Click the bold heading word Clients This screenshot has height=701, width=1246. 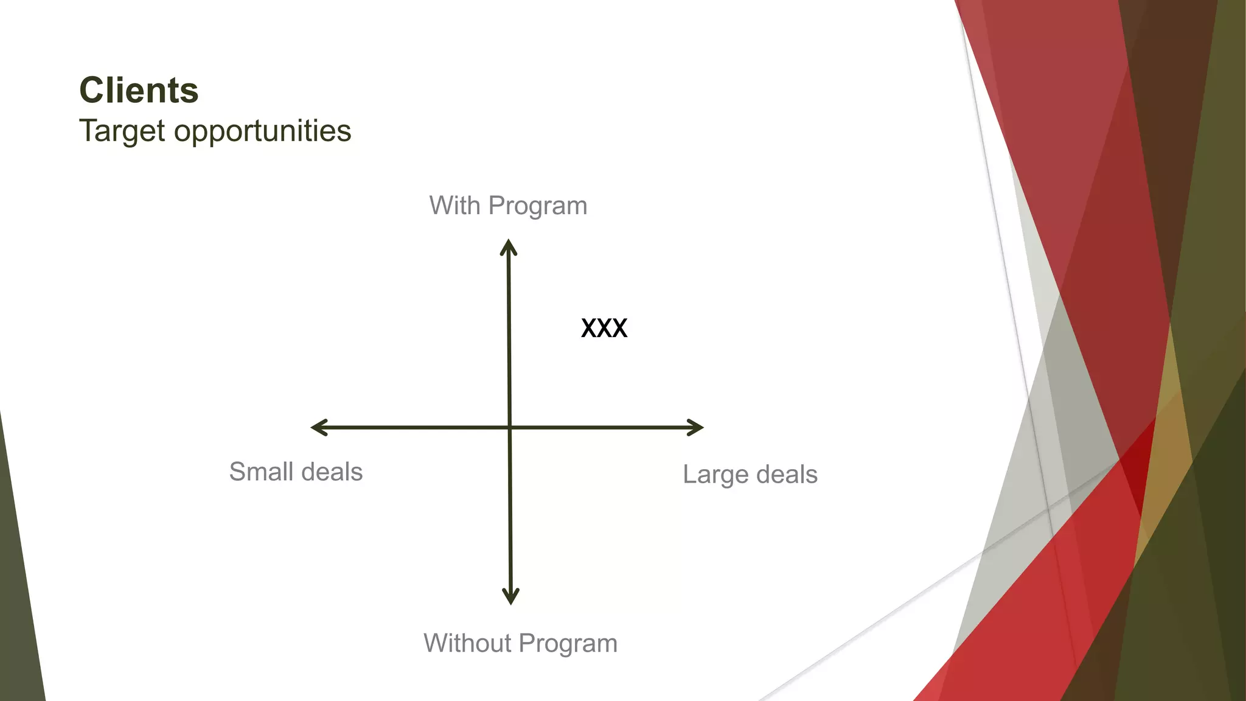(x=139, y=91)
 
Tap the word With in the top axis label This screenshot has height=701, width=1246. (x=454, y=206)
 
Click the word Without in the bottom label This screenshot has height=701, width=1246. (x=467, y=643)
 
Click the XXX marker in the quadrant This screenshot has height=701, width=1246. (x=604, y=329)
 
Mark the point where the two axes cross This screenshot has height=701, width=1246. (x=510, y=427)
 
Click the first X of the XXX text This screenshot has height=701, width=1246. (x=588, y=329)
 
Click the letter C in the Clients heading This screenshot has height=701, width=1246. (x=92, y=91)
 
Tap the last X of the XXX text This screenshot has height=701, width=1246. (x=619, y=329)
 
